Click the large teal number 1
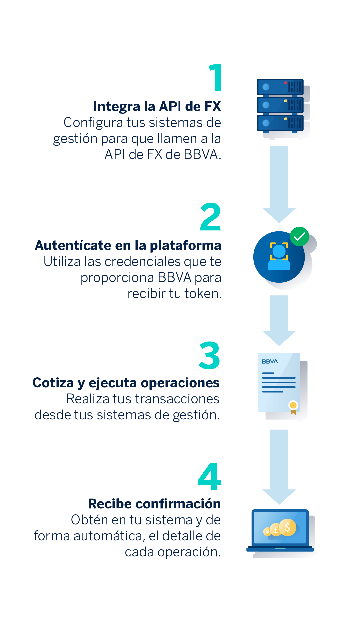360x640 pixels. coord(216,77)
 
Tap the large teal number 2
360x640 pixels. coord(210,217)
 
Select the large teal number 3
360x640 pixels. coord(209,356)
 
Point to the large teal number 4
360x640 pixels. coord(209,477)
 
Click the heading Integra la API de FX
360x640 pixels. coord(157,107)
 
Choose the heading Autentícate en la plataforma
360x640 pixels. coord(128,246)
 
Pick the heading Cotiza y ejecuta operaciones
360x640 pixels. coord(126,383)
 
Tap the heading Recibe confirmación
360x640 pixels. coord(155,504)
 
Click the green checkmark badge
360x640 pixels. coord(299,236)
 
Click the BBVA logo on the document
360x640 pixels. coord(270,361)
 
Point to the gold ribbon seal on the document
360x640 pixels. coord(293,407)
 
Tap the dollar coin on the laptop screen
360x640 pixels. coord(287,528)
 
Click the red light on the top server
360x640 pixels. coord(286,83)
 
